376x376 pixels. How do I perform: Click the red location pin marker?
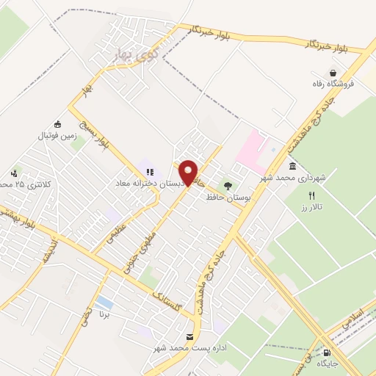click(188, 173)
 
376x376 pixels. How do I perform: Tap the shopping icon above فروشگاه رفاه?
click(334, 73)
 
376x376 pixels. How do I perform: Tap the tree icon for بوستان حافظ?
click(228, 187)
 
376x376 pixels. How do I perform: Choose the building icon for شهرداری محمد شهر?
click(293, 167)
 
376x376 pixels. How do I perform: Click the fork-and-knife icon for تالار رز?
click(311, 195)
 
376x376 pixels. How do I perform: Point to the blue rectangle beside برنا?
click(105, 302)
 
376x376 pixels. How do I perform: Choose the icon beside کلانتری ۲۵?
click(14, 173)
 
